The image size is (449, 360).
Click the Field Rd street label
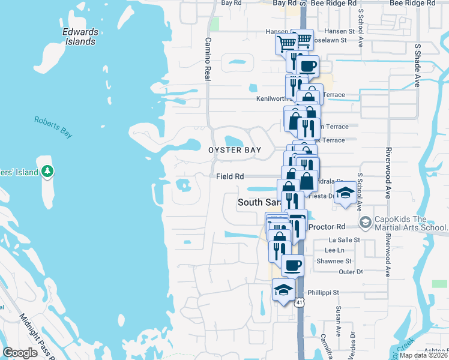231,176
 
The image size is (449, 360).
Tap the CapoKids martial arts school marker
365,223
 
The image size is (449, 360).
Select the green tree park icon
48,172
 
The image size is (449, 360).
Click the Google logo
20,353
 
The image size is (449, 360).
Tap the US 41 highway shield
299,302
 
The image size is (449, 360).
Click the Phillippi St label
324,293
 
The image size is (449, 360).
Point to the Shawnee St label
336,261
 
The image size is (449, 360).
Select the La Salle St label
343,239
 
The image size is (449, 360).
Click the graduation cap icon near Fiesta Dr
345,193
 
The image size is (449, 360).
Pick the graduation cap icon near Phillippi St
283,290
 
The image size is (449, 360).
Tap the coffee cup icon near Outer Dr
292,264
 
